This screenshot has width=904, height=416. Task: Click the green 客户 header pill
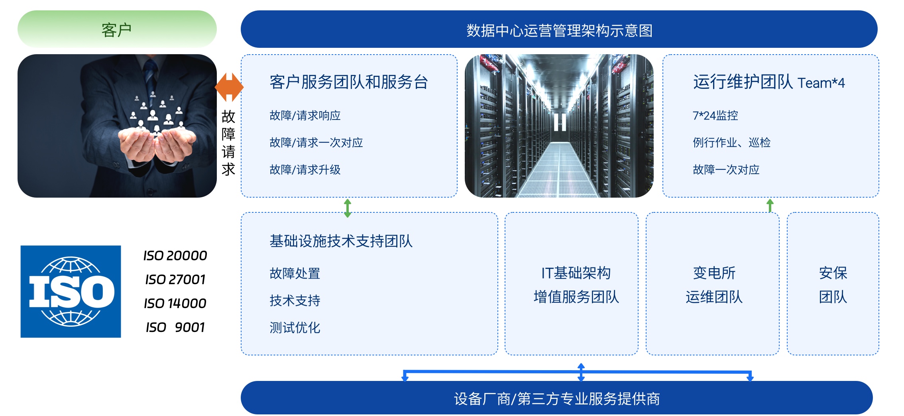click(117, 29)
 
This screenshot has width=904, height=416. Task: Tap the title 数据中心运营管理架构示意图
click(559, 30)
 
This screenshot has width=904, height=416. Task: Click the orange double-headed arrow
click(229, 87)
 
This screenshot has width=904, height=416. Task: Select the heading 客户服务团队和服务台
click(349, 82)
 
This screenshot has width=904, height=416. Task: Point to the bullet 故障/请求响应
click(305, 116)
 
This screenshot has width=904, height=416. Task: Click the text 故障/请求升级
click(305, 170)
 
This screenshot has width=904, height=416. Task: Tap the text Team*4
click(821, 83)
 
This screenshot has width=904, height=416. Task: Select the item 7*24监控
click(715, 116)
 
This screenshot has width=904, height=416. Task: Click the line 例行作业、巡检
click(731, 143)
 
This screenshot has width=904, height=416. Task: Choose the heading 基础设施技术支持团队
click(341, 241)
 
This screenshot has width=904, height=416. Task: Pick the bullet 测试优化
click(295, 328)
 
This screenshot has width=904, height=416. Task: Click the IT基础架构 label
click(576, 273)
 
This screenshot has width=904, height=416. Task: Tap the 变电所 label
click(714, 273)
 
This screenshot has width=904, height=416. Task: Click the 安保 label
click(833, 273)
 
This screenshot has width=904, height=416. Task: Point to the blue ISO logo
click(71, 292)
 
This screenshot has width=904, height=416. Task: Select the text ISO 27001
click(175, 279)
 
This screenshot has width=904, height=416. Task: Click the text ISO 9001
click(175, 327)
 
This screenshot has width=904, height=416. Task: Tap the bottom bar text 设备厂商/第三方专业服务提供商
click(557, 398)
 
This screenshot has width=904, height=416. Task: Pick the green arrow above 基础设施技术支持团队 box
click(348, 208)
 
